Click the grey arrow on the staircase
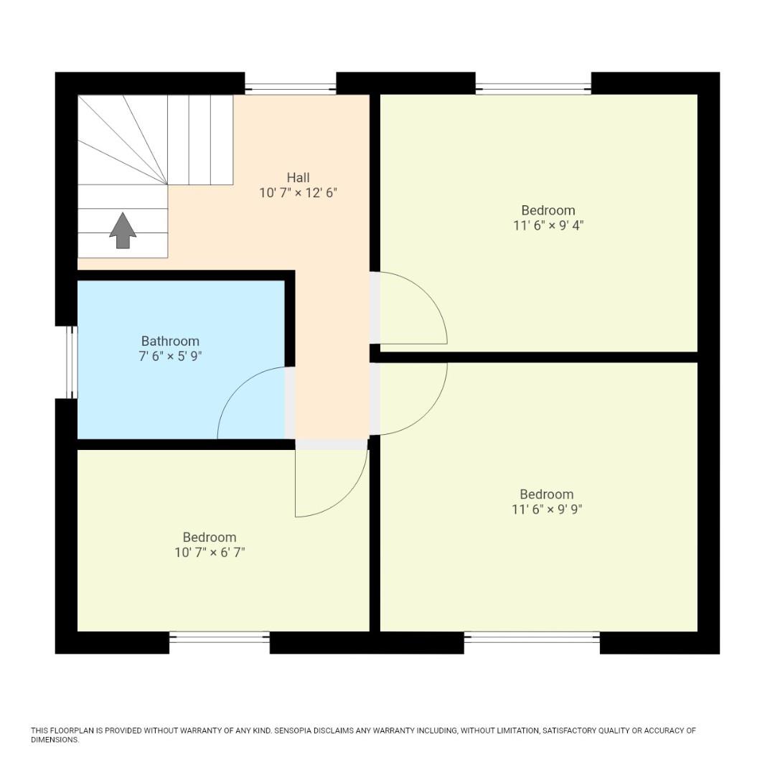pos(123,230)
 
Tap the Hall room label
pos(298,177)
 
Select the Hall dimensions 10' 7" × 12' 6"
pos(298,193)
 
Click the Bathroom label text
pos(170,341)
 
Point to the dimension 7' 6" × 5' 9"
pos(170,356)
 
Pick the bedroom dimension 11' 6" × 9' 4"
pos(548,225)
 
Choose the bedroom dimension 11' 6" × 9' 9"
pos(547,509)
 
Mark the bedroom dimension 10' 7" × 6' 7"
pos(210,553)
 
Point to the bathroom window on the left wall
pos(71,362)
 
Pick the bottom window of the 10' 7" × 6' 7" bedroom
pos(220,637)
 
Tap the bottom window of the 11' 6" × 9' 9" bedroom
pos(532,637)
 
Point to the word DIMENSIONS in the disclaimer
pos(55,740)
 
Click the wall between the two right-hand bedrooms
pos(538,357)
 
